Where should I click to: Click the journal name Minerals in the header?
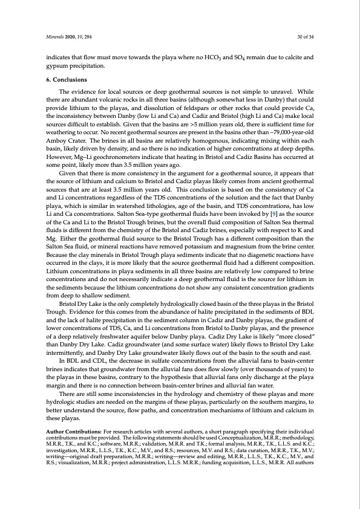click(56, 36)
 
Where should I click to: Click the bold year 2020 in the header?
click(74, 36)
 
